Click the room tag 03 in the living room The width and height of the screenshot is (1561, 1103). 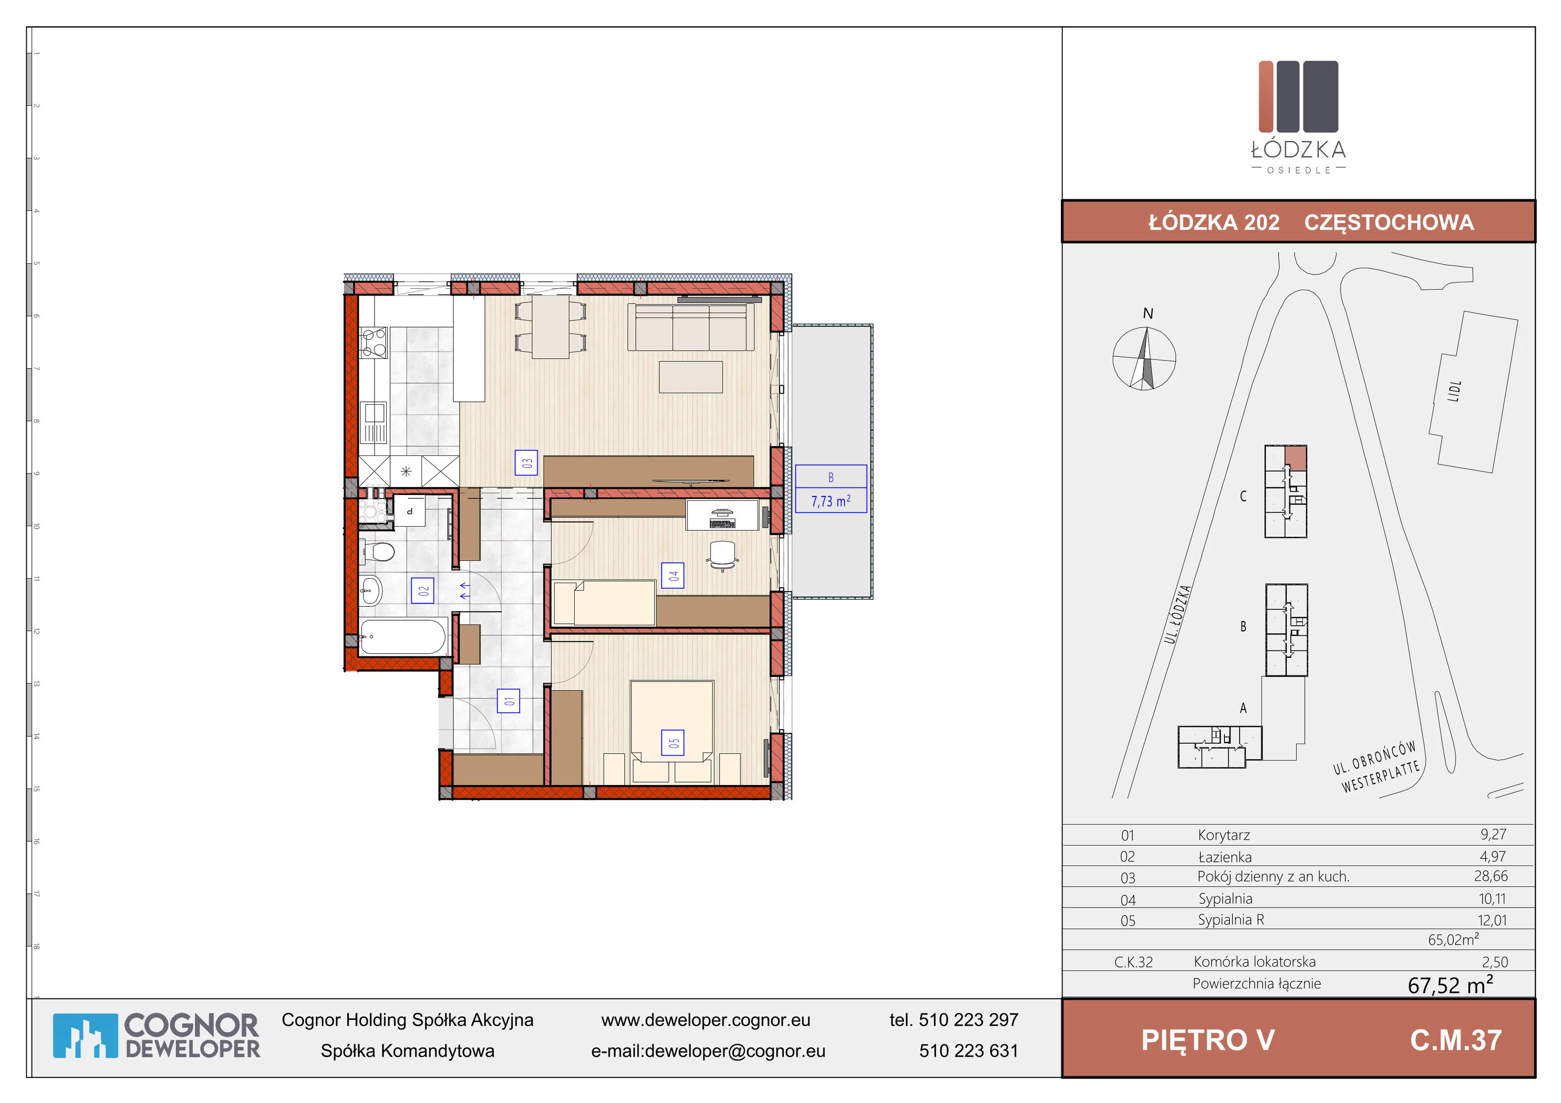pos(526,463)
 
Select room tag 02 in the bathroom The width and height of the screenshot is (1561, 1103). pos(423,591)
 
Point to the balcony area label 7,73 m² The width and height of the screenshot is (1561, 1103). pos(831,501)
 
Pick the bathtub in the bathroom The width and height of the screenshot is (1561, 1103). pos(402,637)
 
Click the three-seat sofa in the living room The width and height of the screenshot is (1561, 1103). pos(691,327)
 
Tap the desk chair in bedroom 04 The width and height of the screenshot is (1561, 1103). pos(722,554)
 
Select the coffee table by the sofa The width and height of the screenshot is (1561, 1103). pos(691,377)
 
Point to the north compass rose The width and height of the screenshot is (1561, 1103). pos(1144,358)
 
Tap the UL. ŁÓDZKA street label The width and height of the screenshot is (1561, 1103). pos(1178,614)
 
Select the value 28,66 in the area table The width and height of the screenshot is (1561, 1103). pos(1490,876)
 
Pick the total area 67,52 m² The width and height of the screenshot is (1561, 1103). pos(1450,984)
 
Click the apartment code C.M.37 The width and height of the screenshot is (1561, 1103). pos(1456,1040)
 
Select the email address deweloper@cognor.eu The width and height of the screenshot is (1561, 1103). pos(735,1051)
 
